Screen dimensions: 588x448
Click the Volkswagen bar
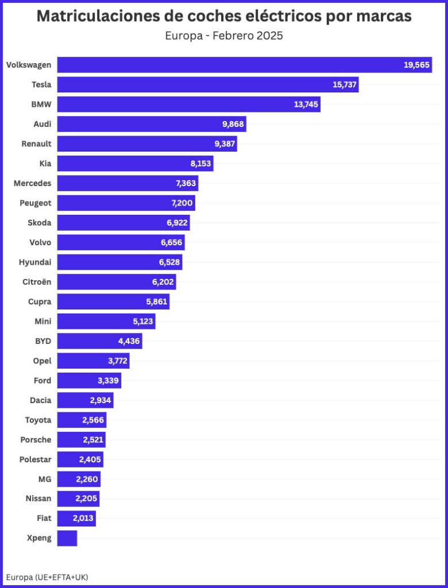click(x=230, y=65)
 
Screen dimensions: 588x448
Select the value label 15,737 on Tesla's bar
click(x=345, y=84)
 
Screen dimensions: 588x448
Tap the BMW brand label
click(x=41, y=105)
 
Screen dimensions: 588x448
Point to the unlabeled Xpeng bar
click(x=67, y=538)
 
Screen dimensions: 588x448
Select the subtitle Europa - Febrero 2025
click(x=224, y=36)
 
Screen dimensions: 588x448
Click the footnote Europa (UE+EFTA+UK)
click(x=47, y=577)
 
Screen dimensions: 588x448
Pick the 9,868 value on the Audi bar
click(x=232, y=124)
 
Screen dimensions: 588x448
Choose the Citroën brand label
click(x=36, y=282)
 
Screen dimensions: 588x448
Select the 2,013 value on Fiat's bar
click(x=83, y=519)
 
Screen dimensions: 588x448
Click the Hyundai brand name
click(x=34, y=262)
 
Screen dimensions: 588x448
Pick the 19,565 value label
click(x=416, y=65)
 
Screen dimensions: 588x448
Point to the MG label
click(x=44, y=479)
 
